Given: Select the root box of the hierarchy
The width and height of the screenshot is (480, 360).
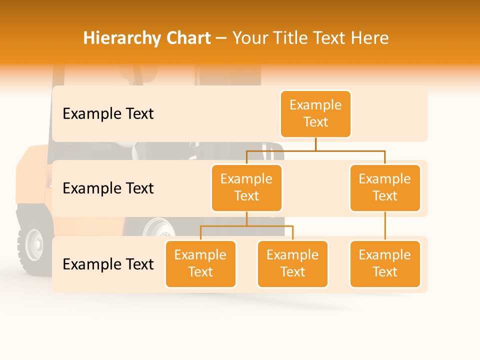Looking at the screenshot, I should (315, 113).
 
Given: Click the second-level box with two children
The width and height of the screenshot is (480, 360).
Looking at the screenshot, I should (246, 187).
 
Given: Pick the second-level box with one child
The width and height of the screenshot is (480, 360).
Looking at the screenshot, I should (385, 187).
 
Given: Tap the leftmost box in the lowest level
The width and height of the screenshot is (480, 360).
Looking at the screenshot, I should (200, 263).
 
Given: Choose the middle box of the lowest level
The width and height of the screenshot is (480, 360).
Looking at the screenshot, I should (292, 263).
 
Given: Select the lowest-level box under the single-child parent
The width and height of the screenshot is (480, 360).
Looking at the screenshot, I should (385, 263).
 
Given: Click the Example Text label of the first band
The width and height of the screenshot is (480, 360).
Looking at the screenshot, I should (108, 114).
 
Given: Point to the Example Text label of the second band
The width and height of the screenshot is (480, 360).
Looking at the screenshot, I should (108, 188).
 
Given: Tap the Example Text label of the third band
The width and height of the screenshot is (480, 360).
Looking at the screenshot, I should (108, 264).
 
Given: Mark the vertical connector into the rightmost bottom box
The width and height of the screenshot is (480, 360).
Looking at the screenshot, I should (385, 226).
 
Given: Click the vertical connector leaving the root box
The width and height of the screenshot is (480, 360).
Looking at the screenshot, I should (315, 144).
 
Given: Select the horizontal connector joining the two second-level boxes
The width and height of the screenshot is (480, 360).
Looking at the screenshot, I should (315, 150).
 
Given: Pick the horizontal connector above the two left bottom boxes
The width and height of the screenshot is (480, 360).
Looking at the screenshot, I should (246, 226).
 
